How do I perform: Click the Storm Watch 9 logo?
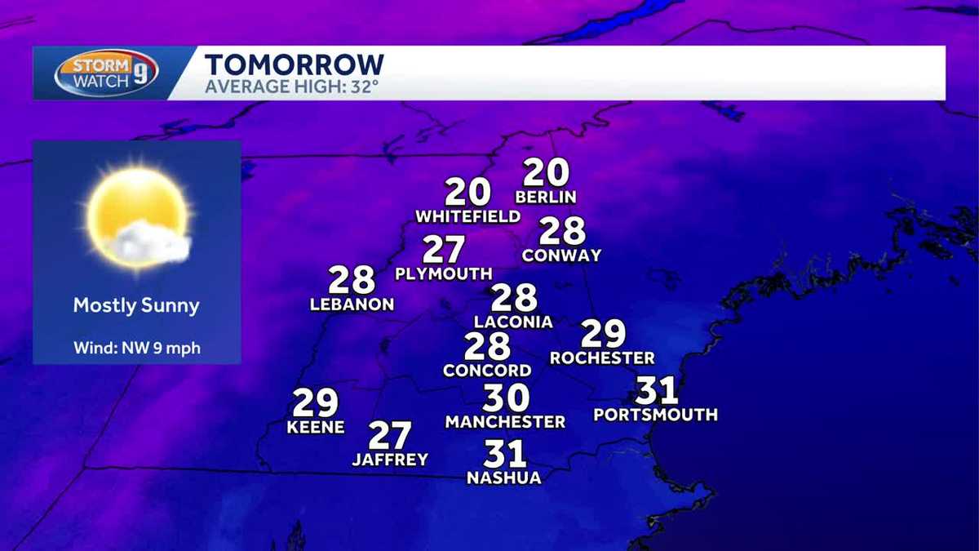coord(106,73)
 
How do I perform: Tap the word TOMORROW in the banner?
coord(294,64)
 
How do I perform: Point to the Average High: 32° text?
coord(291,86)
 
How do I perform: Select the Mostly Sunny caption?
coord(136,306)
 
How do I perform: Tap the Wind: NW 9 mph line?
coord(136,349)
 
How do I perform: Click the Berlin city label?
coord(546,197)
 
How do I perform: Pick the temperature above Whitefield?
coord(467,192)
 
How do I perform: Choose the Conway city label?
coord(561,256)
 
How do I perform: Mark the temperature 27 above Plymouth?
coord(443,250)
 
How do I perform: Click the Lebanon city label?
coord(352,304)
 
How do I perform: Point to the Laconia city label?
coord(513,322)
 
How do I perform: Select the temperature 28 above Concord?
coord(487,347)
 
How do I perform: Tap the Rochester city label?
coord(602,358)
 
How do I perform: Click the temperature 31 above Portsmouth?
coord(656,390)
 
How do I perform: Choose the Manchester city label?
coord(505,422)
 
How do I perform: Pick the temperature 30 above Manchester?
coord(506,398)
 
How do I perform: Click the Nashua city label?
coord(503,478)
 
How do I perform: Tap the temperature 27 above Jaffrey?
coord(389,436)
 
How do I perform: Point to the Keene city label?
coord(316,427)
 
